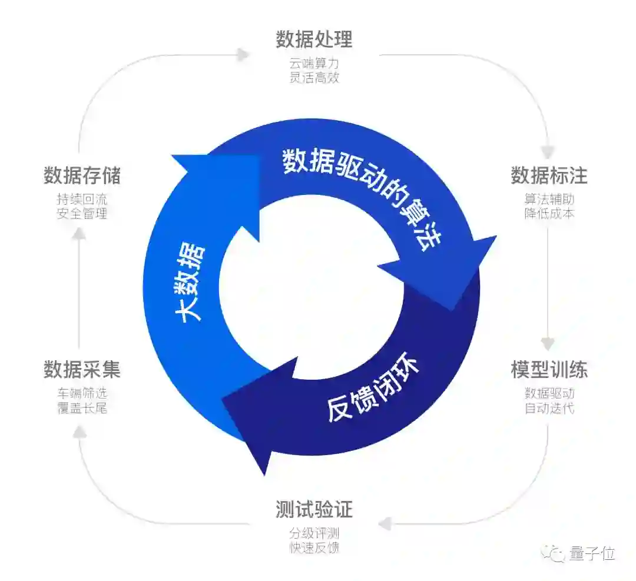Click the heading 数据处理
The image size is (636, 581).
(314, 39)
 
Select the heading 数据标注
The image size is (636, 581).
(549, 175)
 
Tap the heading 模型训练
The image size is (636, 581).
(549, 370)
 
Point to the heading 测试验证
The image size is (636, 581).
(314, 510)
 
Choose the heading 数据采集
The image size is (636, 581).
(82, 370)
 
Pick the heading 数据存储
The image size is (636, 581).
(82, 175)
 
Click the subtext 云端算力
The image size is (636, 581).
(314, 62)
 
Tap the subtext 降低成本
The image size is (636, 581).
(549, 213)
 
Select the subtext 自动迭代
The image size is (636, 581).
(549, 407)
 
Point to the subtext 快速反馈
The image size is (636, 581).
(314, 548)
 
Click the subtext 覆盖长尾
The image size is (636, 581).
(82, 407)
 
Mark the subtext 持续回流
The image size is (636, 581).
(82, 198)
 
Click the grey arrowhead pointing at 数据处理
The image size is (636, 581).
(243, 55)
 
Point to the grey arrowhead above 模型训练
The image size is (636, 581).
(548, 343)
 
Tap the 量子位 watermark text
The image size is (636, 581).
(592, 553)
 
